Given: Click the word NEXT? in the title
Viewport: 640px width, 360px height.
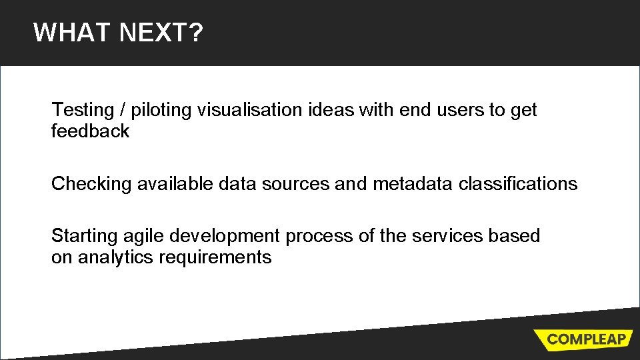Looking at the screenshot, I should tap(161, 32).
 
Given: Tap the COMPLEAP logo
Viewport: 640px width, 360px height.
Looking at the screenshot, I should tap(585, 339).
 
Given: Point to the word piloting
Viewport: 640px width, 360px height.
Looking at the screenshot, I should tap(161, 110).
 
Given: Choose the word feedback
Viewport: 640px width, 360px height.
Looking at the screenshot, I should tap(90, 131).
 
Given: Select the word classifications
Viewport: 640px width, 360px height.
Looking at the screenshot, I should tap(517, 184).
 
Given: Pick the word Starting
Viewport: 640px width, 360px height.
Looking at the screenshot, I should tap(85, 236).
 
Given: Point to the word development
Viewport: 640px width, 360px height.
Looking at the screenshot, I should tap(225, 236).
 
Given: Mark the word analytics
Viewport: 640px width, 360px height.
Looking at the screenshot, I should tap(115, 257).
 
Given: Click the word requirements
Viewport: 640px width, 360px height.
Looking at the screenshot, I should tap(215, 257).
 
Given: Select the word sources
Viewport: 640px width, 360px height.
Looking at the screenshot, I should tap(295, 184).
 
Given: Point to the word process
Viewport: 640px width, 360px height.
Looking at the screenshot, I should tap(319, 236).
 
